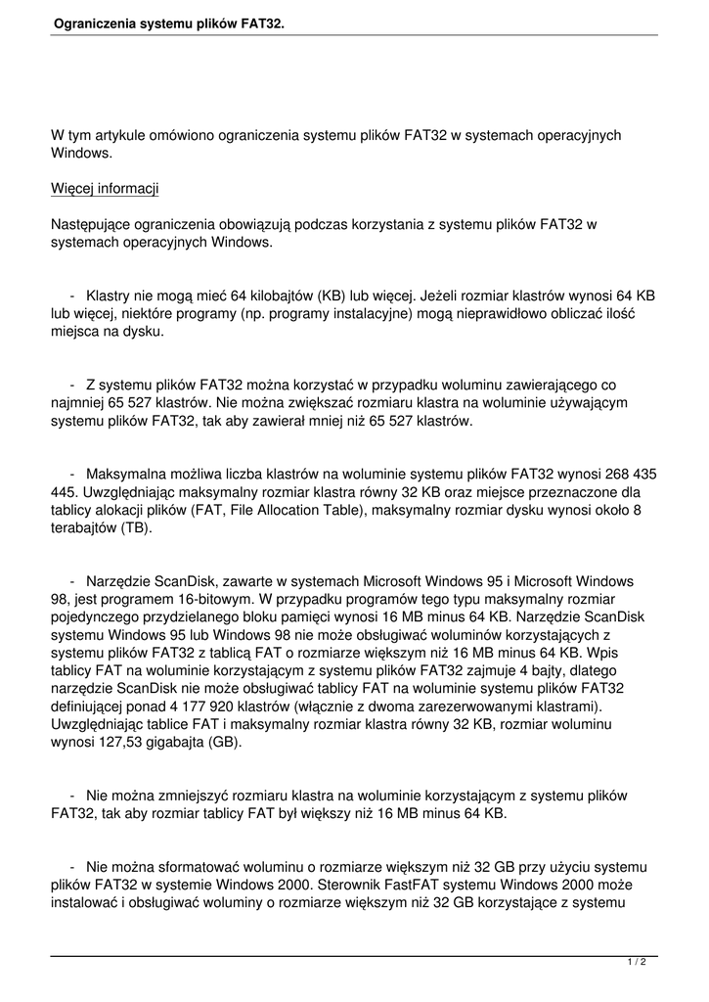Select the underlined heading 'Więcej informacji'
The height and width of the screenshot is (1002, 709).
(105, 189)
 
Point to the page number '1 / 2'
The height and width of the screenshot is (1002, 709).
(637, 963)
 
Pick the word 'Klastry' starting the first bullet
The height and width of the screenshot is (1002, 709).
(110, 295)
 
